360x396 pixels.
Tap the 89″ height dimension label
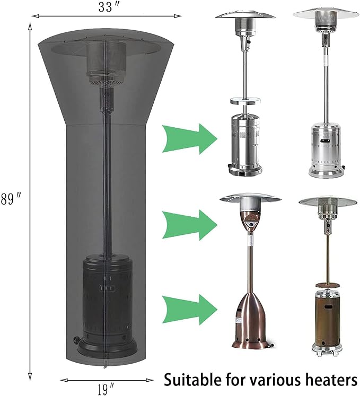10,199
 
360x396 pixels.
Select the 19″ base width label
106,389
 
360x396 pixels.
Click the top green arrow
189,139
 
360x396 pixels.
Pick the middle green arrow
189,225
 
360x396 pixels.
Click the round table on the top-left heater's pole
245,101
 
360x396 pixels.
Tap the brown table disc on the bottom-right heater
328,285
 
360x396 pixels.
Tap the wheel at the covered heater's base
75,340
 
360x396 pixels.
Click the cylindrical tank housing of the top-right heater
327,151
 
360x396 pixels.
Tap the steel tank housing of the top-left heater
245,144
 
